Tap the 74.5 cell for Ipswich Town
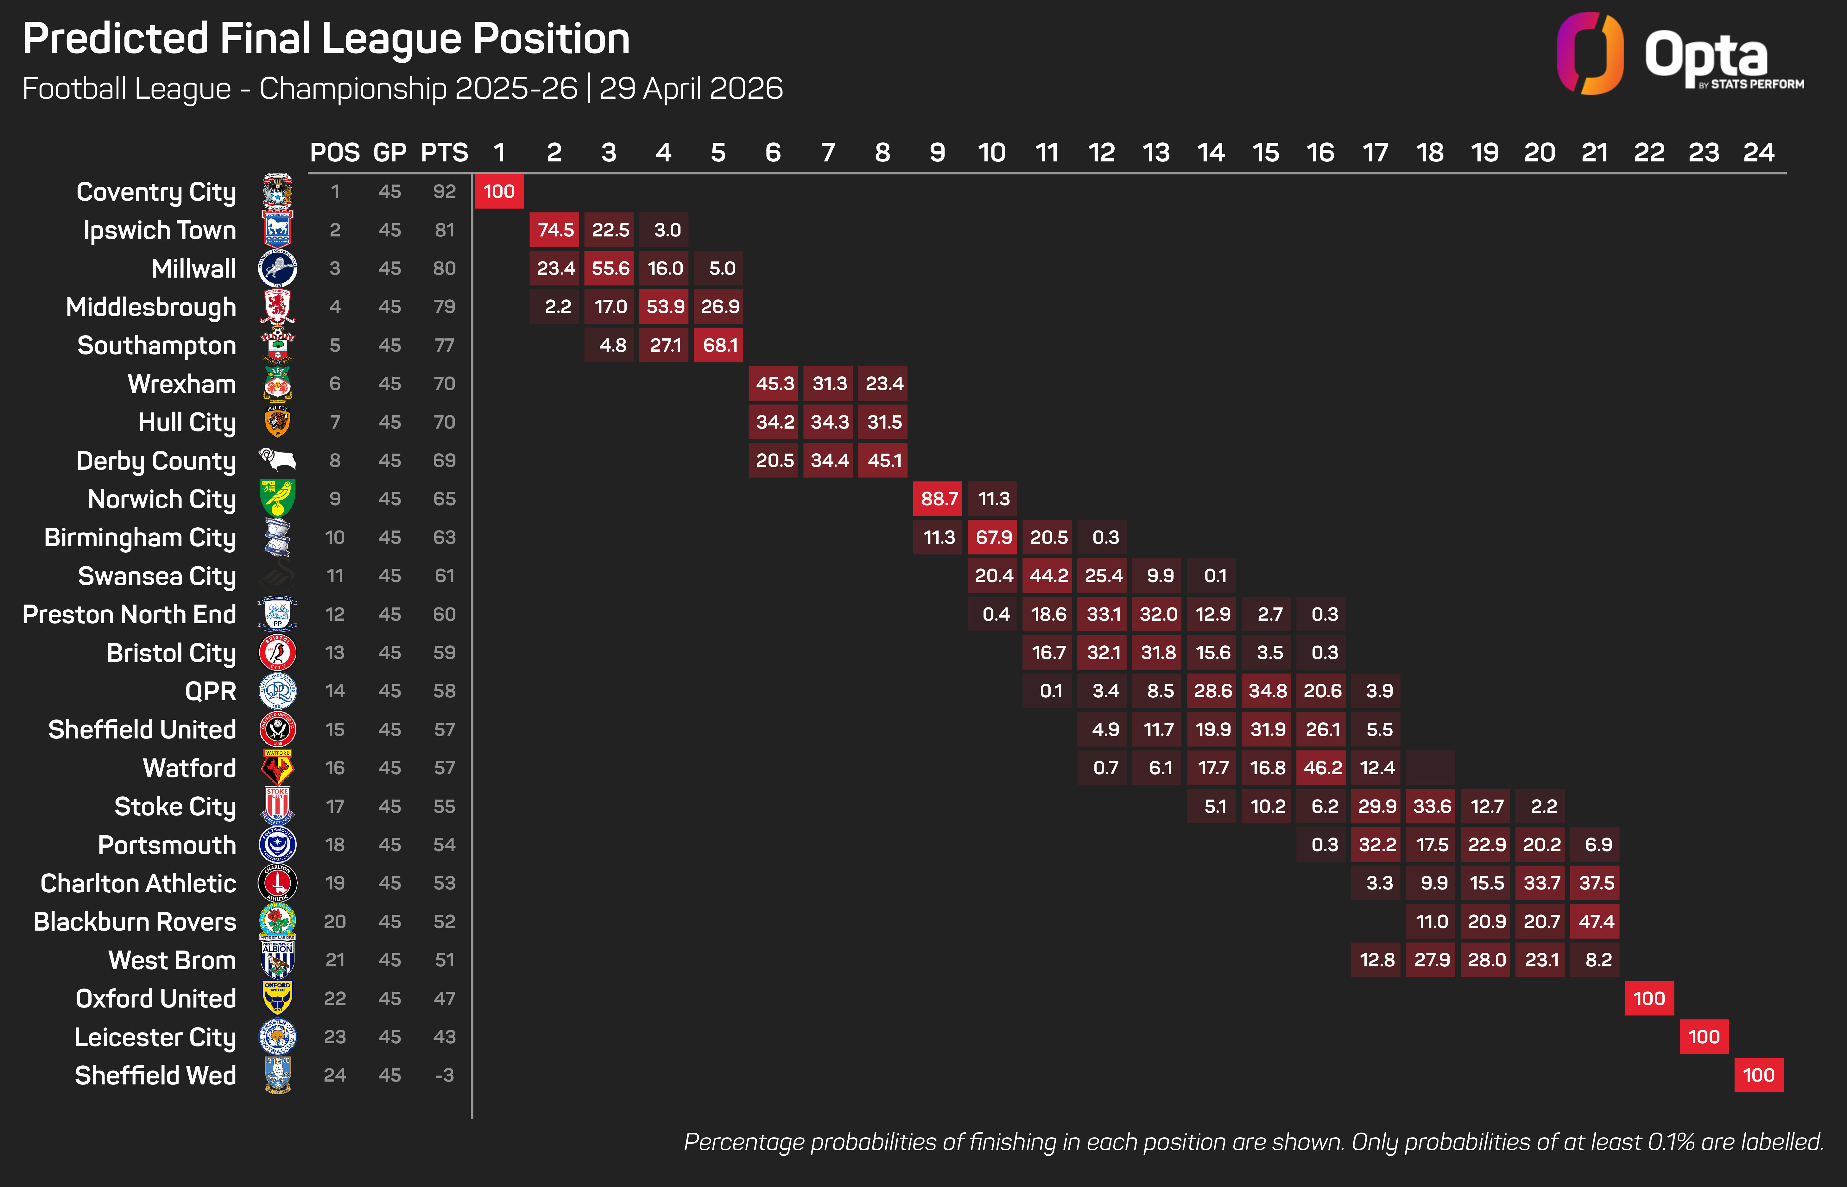555,230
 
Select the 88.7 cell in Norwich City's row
938,499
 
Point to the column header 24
1758,153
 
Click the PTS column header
444,153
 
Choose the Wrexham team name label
182,384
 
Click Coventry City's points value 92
444,191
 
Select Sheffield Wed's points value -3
444,1075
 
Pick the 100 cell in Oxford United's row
1649,998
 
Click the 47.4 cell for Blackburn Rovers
1596,921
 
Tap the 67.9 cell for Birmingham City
993,537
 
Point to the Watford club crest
277,768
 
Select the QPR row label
211,691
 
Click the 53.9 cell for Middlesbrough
665,307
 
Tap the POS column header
335,153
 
